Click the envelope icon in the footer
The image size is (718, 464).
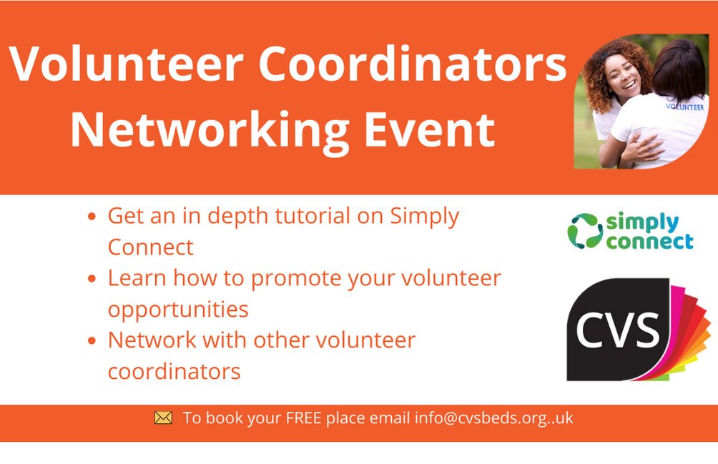tap(163, 418)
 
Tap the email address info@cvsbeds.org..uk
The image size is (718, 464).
tap(493, 418)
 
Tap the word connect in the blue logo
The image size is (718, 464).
tap(650, 242)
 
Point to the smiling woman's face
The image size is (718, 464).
tap(622, 79)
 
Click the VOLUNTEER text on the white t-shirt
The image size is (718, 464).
tap(684, 107)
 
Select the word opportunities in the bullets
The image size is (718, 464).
tap(178, 309)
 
